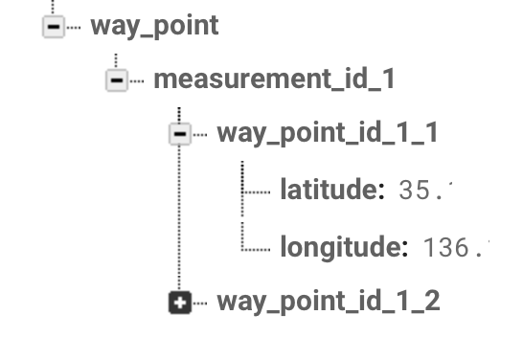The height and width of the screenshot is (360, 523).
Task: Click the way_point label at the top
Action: pos(154,26)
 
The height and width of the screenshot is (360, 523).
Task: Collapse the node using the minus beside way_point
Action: pos(53,27)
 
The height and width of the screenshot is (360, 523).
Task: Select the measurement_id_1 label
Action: pos(274,79)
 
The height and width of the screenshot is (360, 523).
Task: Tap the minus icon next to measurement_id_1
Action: pos(116,80)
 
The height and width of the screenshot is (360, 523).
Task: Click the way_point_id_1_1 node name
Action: pos(328,133)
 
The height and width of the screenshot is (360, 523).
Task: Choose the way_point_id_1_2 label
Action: pos(329,303)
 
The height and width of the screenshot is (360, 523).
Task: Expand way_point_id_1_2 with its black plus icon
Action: pos(179,304)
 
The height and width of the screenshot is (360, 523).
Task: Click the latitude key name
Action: pos(327,190)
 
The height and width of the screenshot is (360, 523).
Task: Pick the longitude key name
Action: pos(338,248)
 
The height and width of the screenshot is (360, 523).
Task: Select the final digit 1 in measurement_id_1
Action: pos(388,79)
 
